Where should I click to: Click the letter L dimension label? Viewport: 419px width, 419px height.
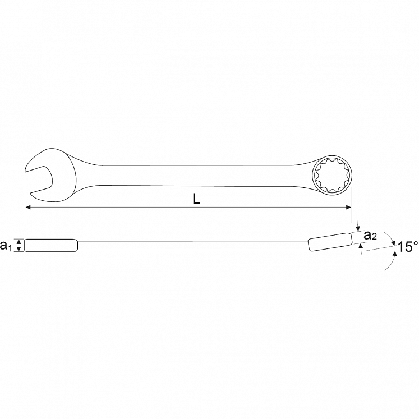196,199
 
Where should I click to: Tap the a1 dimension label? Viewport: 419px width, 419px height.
6,245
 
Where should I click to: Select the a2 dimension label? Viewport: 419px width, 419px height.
370,235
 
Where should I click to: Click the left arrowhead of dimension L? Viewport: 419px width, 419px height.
28,207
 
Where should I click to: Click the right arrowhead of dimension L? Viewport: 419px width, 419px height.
348,207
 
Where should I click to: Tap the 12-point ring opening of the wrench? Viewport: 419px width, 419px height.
332,175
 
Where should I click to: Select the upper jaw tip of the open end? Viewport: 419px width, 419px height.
25,171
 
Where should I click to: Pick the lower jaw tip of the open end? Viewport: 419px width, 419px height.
31,193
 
